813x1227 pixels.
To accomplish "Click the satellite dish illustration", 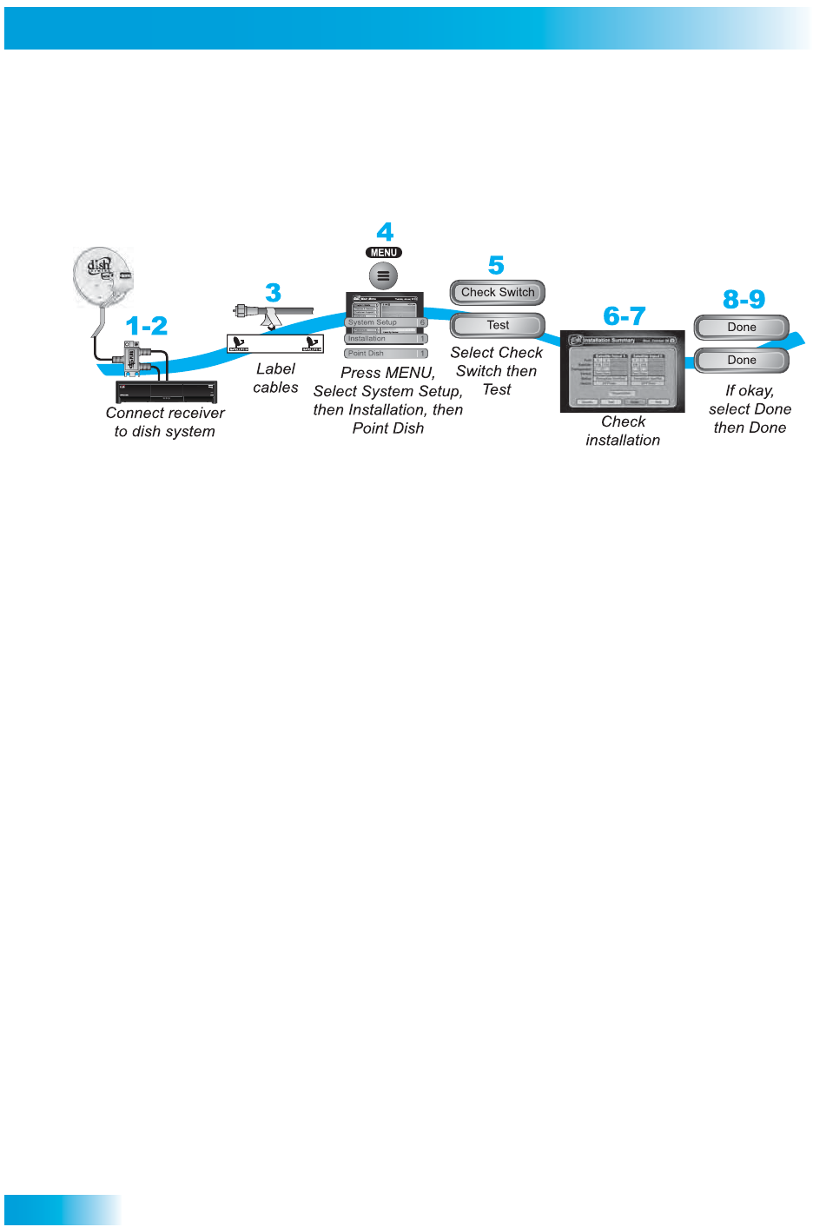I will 101,276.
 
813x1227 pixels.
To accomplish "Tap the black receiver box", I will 166,392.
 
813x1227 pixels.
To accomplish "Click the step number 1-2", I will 147,326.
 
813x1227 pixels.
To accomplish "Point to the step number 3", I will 273,293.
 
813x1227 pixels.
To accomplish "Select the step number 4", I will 385,232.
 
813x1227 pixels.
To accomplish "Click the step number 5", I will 496,265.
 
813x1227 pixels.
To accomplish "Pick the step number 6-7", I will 625,316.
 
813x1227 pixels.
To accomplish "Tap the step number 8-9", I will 744,300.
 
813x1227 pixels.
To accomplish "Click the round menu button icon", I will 383,276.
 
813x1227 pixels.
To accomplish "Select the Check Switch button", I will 498,293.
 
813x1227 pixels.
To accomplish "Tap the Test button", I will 498,326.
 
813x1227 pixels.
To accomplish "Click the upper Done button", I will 742,328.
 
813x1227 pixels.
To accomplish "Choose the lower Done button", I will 742,361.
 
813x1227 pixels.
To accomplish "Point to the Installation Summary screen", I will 623,371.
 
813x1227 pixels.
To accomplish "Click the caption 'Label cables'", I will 275,378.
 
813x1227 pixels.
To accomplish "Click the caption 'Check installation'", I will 623,431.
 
